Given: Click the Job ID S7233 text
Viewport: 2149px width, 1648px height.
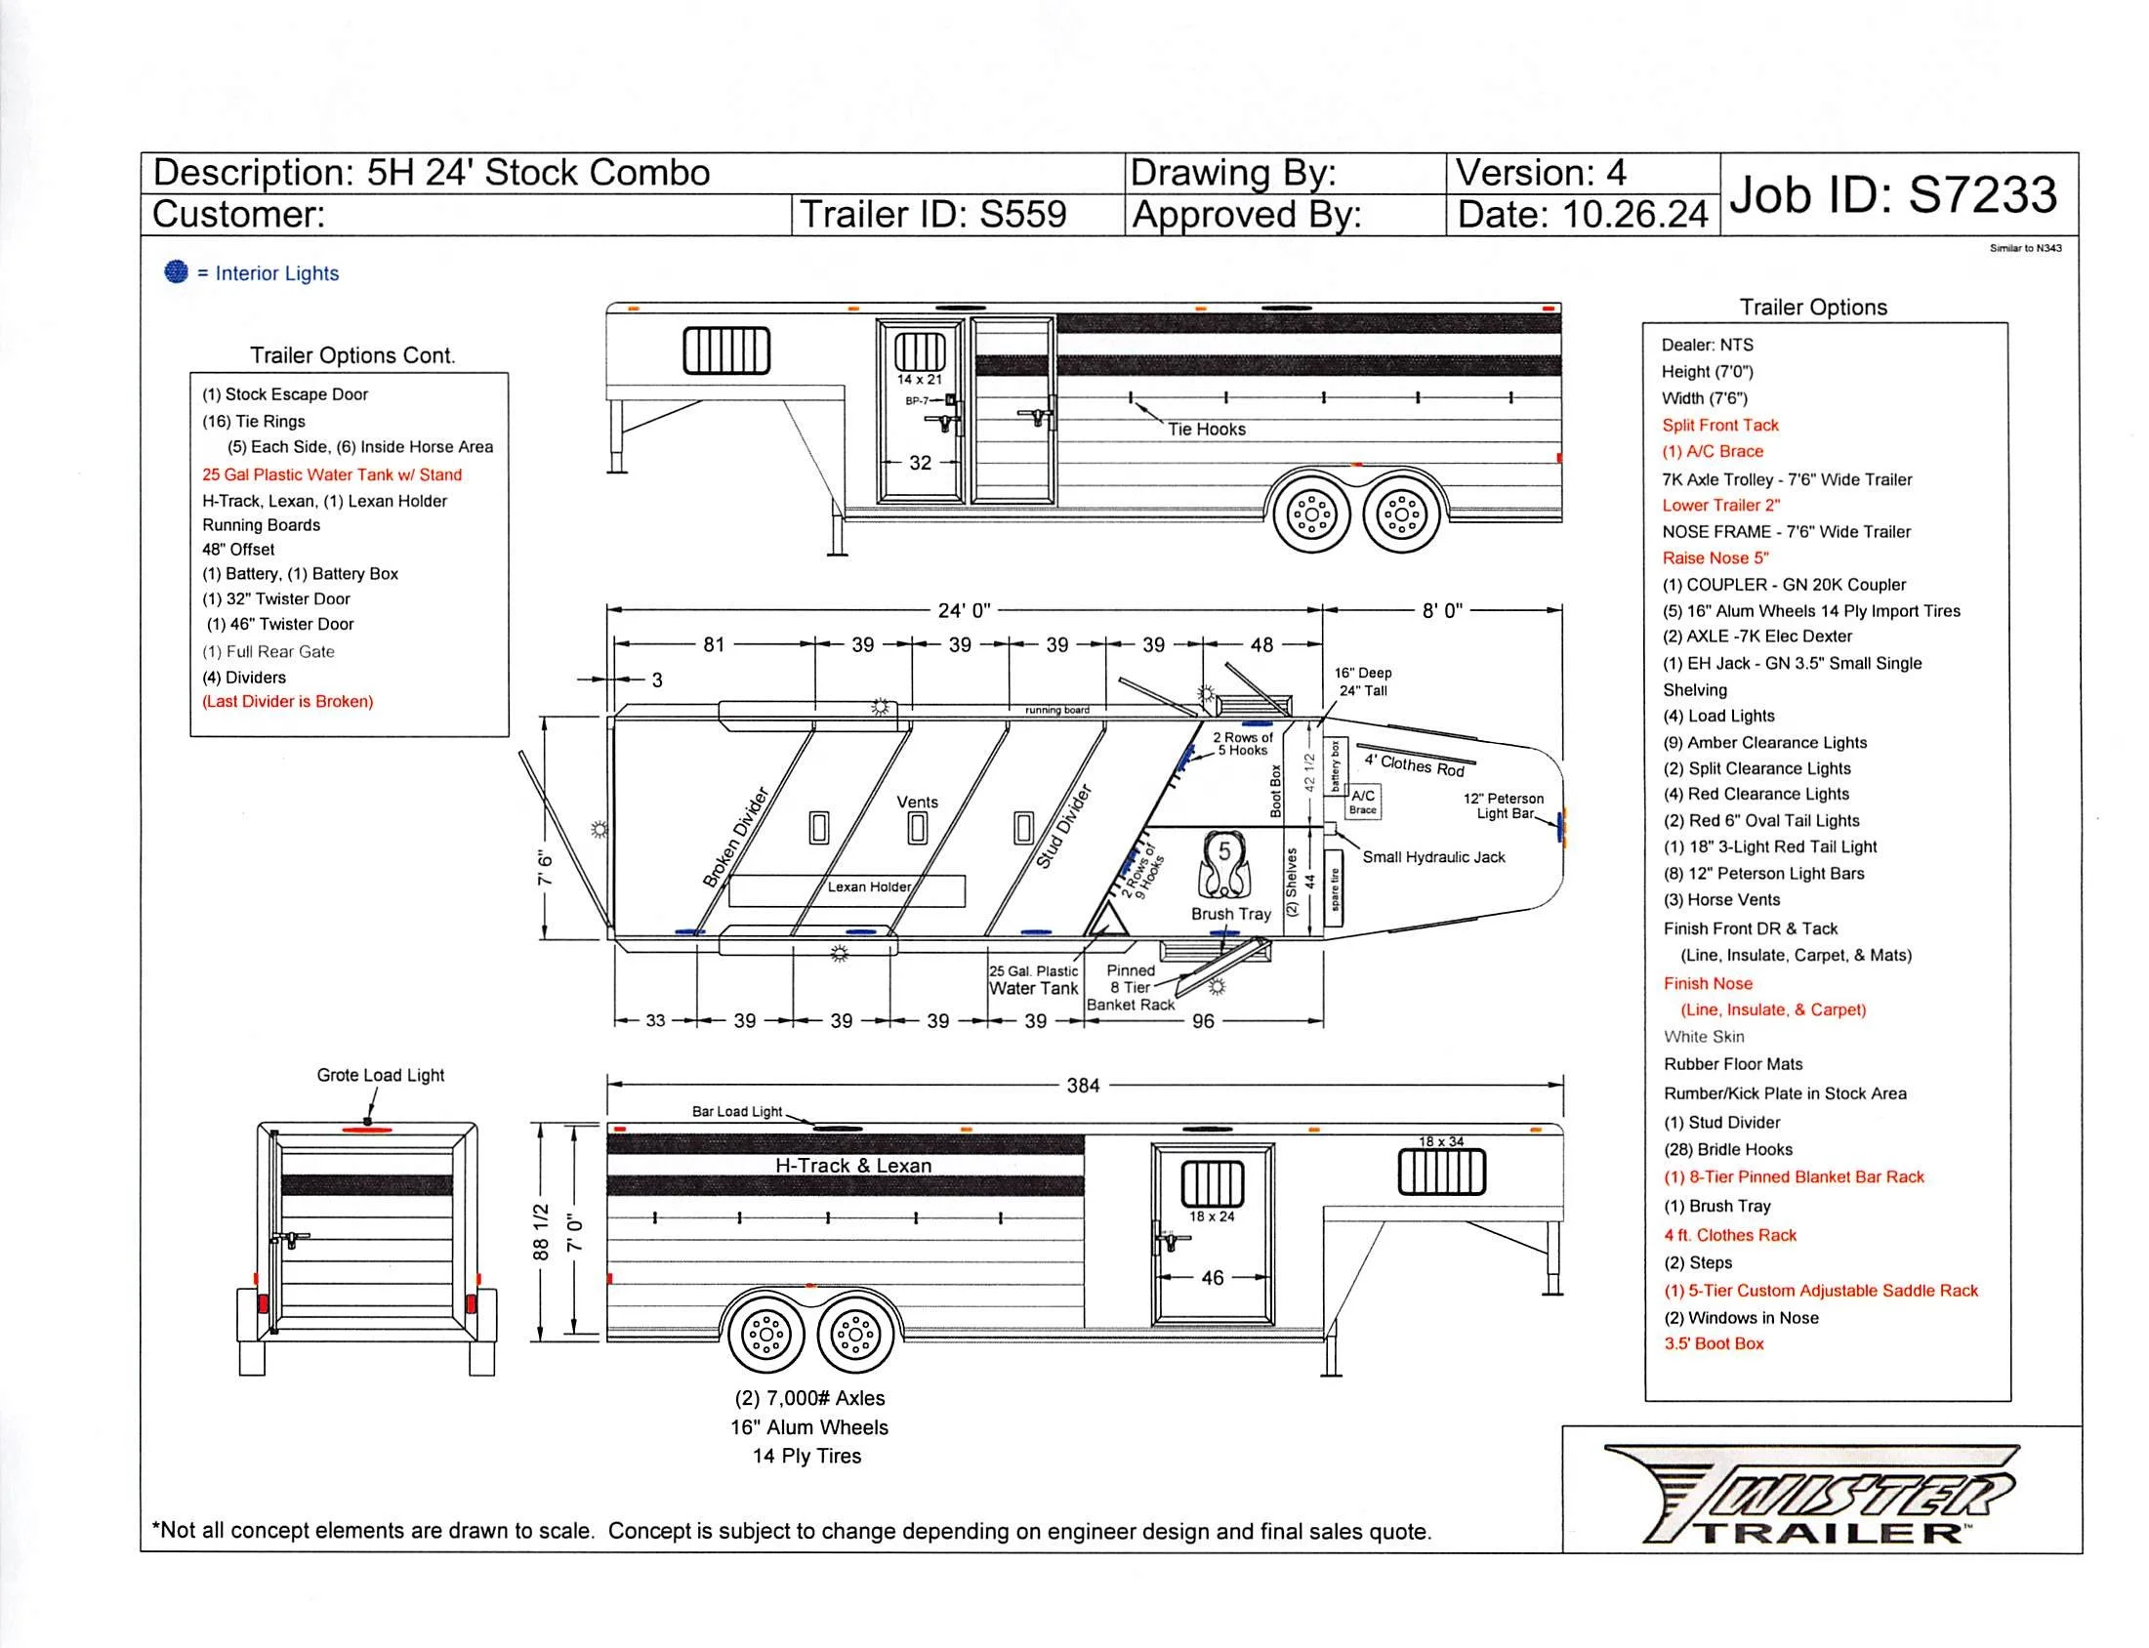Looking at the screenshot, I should [1892, 194].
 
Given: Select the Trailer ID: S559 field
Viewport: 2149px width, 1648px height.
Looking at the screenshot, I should [932, 215].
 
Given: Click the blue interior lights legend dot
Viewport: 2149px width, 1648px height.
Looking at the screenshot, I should [176, 271].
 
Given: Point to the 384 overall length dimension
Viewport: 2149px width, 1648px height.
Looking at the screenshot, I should [1082, 1085].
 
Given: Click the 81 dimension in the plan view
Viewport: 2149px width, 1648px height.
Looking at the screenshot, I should [713, 644].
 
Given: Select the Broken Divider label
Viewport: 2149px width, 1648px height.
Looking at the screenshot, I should [735, 837].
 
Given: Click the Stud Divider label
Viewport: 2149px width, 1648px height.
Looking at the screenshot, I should [1063, 826].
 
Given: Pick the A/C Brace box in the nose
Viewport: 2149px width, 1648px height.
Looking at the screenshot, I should [1362, 801].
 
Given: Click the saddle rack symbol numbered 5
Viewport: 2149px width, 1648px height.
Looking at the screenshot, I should [1224, 865].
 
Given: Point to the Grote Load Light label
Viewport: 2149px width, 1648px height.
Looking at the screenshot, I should [380, 1075].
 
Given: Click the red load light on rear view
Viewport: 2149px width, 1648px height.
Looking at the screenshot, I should [366, 1130].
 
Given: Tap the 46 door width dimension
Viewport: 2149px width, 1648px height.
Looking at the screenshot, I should [1213, 1277].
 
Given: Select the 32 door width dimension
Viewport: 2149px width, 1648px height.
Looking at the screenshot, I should [919, 463].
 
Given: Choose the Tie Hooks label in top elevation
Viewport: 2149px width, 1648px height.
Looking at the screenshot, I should [1206, 430].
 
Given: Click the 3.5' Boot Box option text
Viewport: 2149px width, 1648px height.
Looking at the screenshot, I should [1713, 1344].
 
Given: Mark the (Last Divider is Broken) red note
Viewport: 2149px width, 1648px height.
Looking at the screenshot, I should [287, 701].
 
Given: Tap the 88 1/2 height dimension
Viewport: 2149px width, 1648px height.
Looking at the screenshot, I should [541, 1231].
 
